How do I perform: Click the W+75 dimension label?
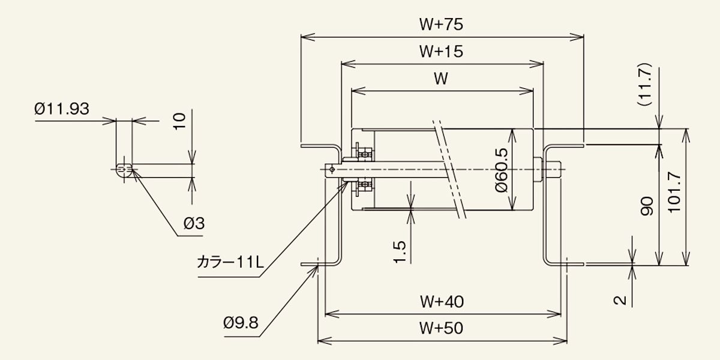click(x=441, y=25)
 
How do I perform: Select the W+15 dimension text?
click(x=441, y=52)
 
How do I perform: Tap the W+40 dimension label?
click(x=442, y=301)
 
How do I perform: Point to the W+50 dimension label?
click(x=441, y=328)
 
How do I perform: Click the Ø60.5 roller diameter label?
click(x=502, y=170)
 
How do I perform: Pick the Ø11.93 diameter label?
click(x=62, y=109)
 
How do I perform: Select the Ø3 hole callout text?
click(x=194, y=223)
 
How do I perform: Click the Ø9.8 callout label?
click(x=241, y=322)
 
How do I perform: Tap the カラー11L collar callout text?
click(x=230, y=262)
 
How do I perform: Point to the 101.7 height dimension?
click(x=674, y=192)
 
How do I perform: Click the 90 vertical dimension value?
click(x=647, y=206)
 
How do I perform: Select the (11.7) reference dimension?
click(x=644, y=84)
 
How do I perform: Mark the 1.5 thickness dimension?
click(x=400, y=252)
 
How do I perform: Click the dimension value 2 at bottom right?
click(x=620, y=300)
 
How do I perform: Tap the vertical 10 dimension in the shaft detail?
click(x=179, y=121)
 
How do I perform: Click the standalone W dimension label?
click(x=441, y=79)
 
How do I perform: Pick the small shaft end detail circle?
click(x=124, y=171)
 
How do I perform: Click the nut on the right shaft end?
click(x=538, y=169)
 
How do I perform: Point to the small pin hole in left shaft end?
click(x=332, y=169)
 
